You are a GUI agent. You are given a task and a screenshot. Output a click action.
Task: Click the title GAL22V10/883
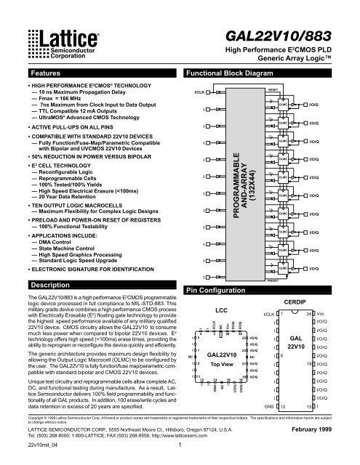(297, 36)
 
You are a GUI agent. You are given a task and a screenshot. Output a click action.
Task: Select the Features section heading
(40, 75)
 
